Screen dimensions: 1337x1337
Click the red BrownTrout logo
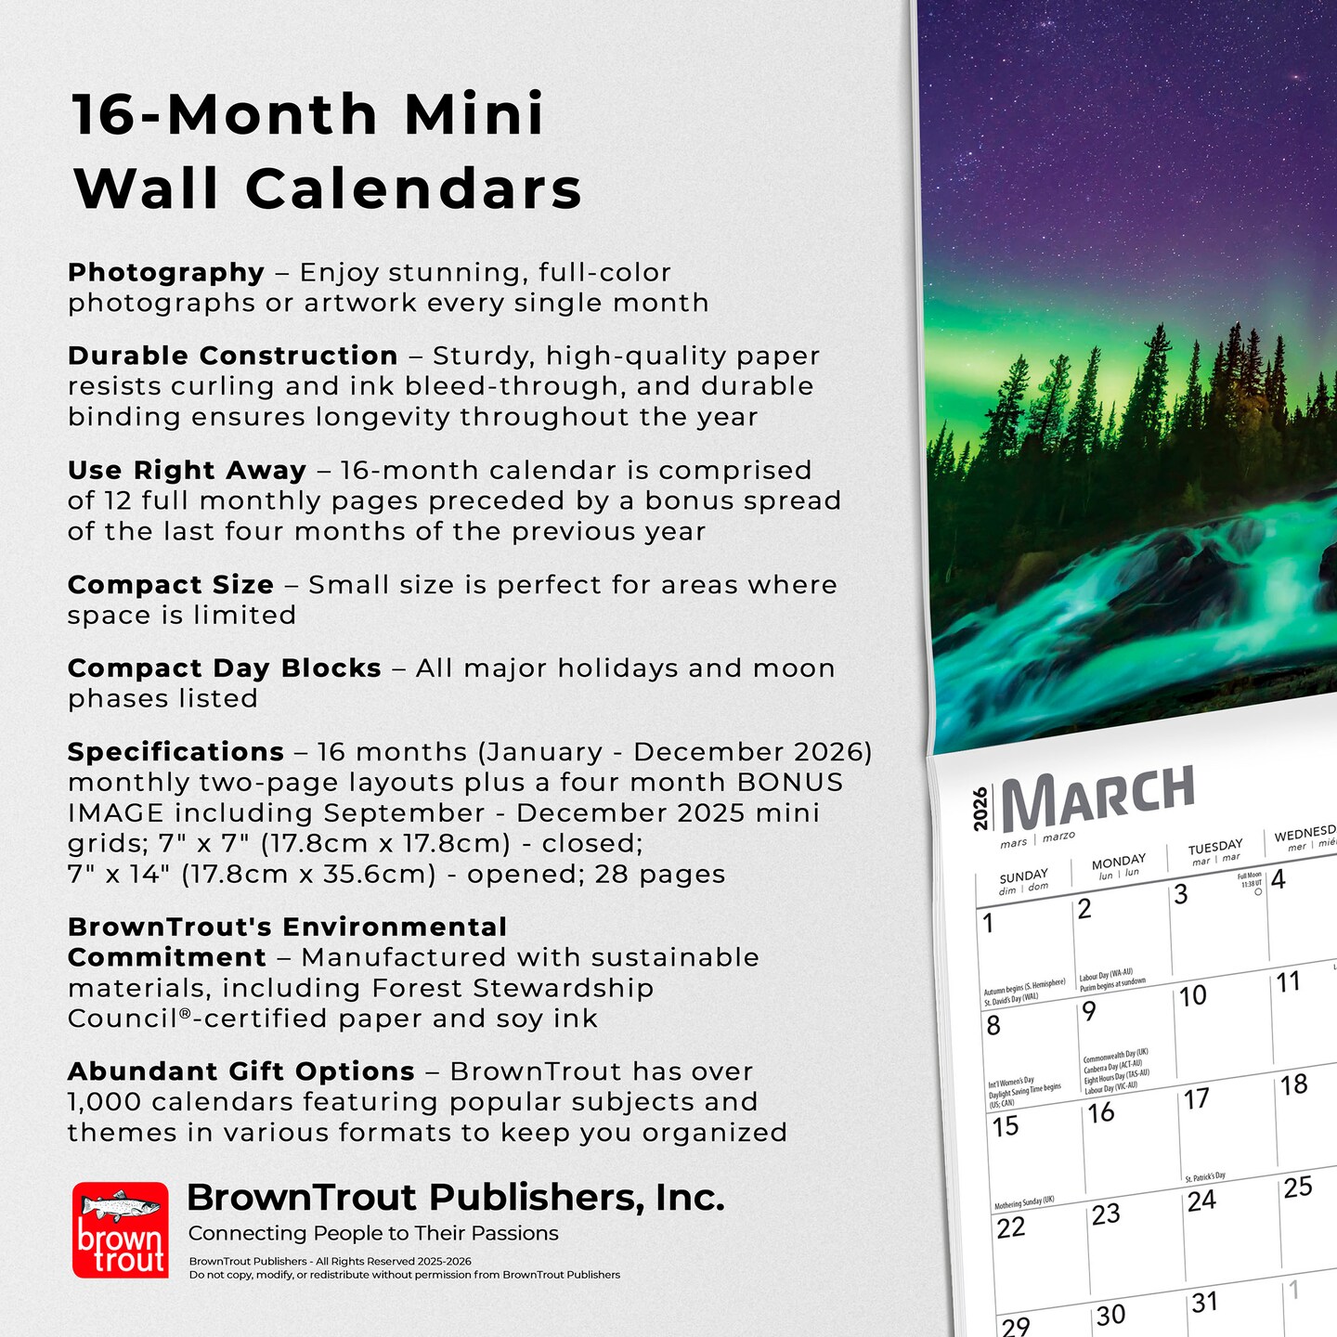click(121, 1229)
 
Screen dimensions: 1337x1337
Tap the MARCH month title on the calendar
click(1098, 797)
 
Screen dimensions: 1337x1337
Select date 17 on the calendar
click(1196, 1099)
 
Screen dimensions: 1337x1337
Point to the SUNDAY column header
click(1023, 876)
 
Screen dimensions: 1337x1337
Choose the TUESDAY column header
click(1214, 847)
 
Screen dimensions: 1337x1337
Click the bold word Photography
click(166, 272)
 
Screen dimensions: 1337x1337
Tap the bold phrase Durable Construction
click(232, 356)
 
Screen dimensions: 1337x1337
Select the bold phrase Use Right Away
click(187, 471)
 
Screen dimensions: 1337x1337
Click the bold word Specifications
click(175, 751)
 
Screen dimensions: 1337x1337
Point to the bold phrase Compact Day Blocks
click(224, 668)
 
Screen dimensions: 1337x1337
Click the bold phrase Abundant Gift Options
click(240, 1071)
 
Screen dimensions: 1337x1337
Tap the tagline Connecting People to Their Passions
click(373, 1233)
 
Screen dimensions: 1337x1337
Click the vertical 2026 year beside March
click(980, 809)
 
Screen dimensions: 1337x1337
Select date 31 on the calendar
click(1204, 1303)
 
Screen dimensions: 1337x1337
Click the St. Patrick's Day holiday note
click(1205, 1177)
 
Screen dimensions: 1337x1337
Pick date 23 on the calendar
click(1106, 1214)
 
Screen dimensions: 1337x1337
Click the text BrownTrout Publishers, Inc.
click(455, 1198)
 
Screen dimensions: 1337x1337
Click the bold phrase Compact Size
click(171, 585)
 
